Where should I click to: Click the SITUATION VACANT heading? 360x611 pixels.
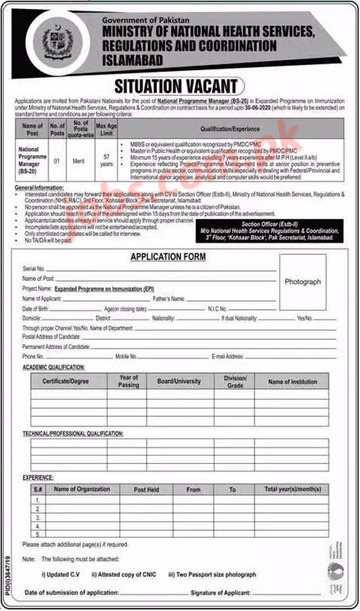tap(177, 86)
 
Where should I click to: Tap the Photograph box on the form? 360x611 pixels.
tap(302, 281)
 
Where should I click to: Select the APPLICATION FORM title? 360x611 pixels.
tap(168, 257)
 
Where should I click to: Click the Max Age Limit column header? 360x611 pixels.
tap(106, 129)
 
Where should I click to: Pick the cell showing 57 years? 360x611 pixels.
tap(106, 160)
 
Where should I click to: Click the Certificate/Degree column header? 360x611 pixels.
tap(65, 381)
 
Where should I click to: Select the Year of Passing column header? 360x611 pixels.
tap(128, 381)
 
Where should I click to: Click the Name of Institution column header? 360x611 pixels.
tap(292, 381)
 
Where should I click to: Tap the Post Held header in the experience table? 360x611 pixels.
tap(146, 490)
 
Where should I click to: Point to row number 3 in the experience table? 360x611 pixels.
tap(38, 517)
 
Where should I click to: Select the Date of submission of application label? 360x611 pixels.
tap(72, 593)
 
